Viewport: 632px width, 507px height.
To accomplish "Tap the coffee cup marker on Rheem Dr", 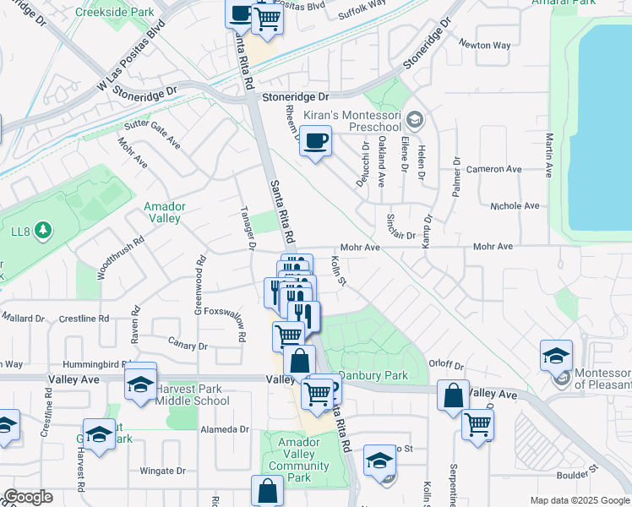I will point(315,141).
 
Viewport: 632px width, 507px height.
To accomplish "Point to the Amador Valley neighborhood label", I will point(163,212).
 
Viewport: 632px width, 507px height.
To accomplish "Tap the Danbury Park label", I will point(373,375).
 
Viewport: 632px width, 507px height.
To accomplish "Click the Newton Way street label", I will point(485,45).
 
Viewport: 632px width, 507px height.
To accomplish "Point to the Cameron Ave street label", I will point(502,169).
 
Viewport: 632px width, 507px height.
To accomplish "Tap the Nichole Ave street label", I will point(515,205).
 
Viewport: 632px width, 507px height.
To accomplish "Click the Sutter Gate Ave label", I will point(153,134).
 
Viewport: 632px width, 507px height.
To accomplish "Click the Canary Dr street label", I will point(188,346).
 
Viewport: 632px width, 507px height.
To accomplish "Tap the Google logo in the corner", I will point(27,497).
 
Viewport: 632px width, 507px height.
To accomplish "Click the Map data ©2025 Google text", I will point(580,500).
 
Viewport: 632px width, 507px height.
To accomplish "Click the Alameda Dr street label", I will point(223,429).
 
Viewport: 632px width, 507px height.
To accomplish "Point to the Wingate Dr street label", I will point(162,471).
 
